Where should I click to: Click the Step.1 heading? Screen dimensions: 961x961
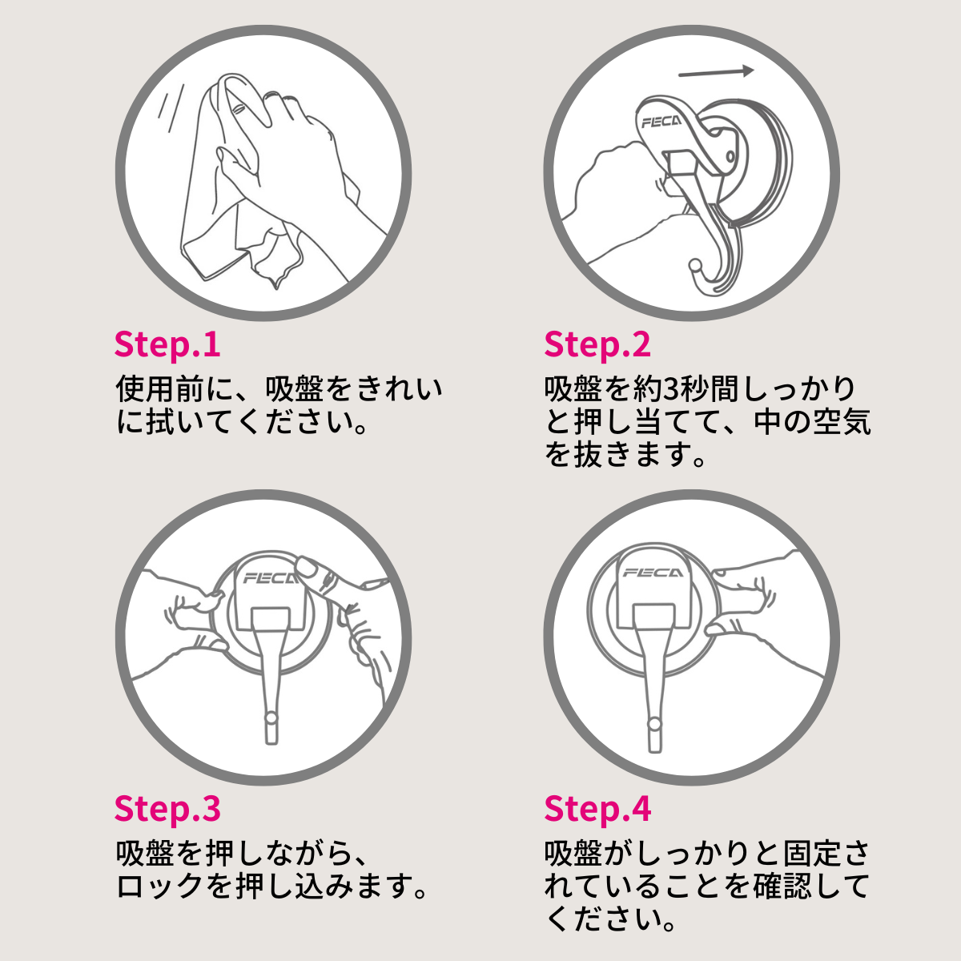click(167, 344)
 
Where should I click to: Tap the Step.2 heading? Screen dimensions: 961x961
click(597, 344)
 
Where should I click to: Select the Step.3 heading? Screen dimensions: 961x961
click(167, 809)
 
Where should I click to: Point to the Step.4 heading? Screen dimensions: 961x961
click(597, 809)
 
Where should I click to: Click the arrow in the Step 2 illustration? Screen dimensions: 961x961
click(716, 72)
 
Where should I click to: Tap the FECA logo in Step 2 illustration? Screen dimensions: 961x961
click(661, 123)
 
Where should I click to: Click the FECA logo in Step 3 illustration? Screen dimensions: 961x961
click(269, 577)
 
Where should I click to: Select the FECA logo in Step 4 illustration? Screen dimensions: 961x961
click(652, 573)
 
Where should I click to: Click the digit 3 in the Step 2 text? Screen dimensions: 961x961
click(671, 390)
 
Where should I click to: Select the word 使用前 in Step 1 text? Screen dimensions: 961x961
click(160, 390)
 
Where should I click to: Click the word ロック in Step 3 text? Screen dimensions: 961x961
click(160, 887)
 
